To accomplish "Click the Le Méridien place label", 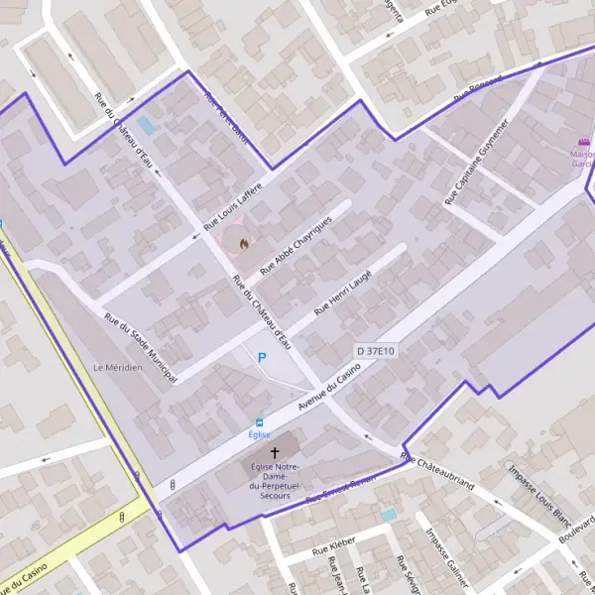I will pyautogui.click(x=118, y=367).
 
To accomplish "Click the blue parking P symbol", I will pyautogui.click(x=263, y=358).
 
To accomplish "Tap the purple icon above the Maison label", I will pyautogui.click(x=581, y=142).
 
